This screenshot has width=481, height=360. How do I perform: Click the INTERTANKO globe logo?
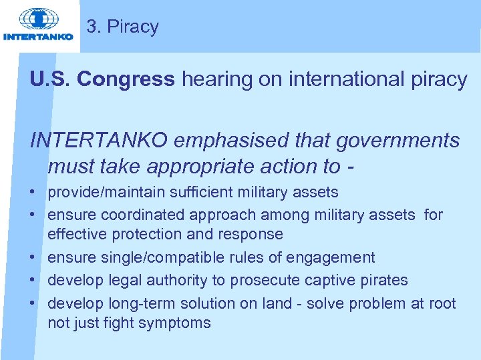pos(38,19)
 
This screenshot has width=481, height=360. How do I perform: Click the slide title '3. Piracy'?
pos(123,27)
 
